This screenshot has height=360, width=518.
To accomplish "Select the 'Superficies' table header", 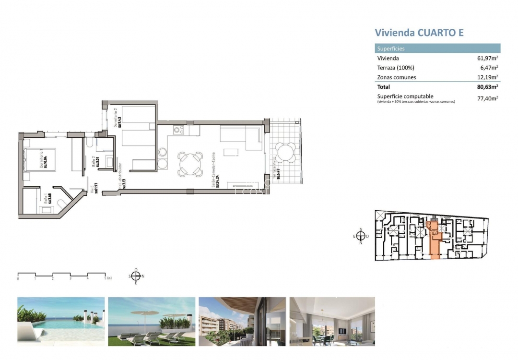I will point(391,48).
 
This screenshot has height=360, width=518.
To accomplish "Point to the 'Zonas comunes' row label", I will point(397,77).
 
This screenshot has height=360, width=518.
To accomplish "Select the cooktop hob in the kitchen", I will point(179,130).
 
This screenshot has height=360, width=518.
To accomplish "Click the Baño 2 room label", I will point(95,161).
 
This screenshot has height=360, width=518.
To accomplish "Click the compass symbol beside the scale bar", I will point(136,276).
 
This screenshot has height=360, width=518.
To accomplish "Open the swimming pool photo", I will point(61,321).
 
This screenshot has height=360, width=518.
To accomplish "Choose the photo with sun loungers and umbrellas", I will point(152,321).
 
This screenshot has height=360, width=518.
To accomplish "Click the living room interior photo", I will point(332,321).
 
